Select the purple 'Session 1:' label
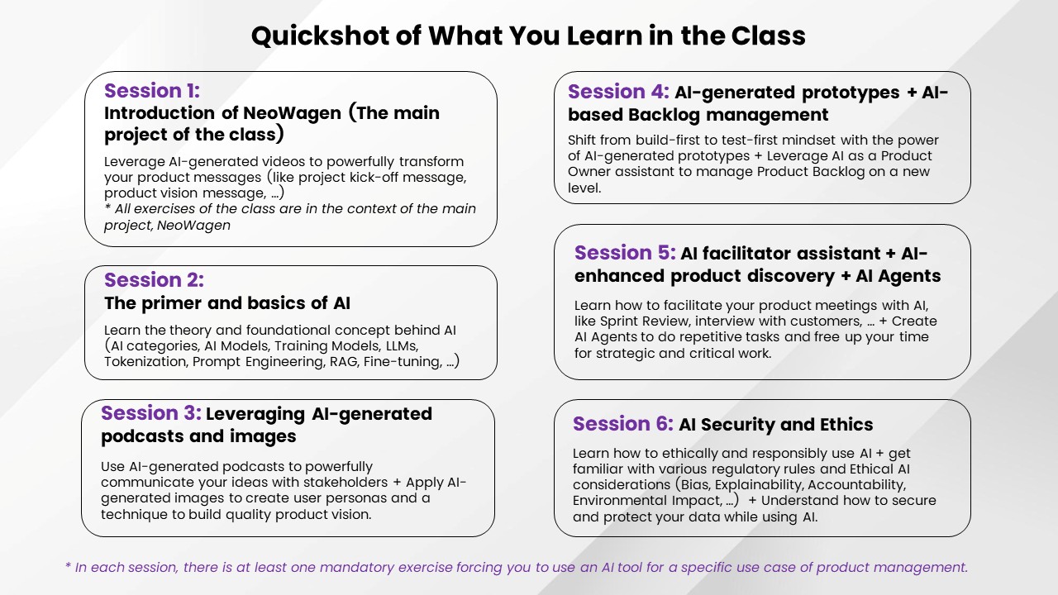pos(152,91)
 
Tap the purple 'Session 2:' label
pos(154,280)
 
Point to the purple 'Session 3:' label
pos(151,413)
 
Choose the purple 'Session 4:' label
pos(618,92)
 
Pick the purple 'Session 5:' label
pos(625,253)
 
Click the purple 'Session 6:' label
pos(623,424)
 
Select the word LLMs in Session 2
pos(402,346)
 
